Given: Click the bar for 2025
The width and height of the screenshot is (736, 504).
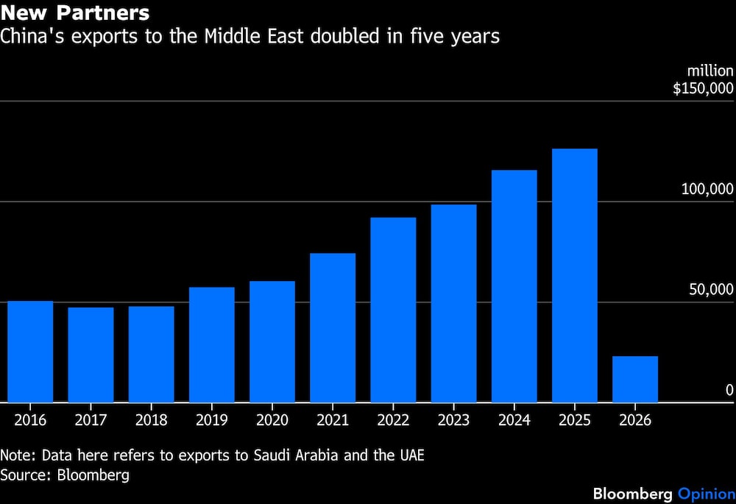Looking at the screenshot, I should coord(574,275).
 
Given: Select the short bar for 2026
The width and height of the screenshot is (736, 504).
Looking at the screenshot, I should coord(634,379).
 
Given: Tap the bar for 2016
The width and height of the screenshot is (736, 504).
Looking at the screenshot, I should coord(30,352).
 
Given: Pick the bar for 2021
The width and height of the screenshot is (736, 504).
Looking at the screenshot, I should coord(333,327).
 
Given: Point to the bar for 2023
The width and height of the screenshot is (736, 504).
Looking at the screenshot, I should coord(453,303).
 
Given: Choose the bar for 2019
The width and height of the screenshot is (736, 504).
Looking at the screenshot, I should coord(211,344).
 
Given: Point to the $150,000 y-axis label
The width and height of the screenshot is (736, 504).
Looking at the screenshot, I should coord(703,88).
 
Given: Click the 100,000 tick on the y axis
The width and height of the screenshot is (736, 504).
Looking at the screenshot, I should coord(707,189).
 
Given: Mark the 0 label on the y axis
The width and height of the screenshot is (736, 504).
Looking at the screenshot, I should coord(729,390).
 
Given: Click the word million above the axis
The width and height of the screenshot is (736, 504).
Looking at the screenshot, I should coord(710,71).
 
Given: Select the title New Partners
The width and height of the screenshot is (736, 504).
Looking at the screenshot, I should coord(76,13).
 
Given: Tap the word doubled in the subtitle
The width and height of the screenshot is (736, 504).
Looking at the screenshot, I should coord(341,36).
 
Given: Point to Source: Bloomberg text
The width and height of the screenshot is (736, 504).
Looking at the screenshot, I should coord(65,475).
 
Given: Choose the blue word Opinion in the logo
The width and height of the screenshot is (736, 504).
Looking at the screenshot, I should coord(706,492).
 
